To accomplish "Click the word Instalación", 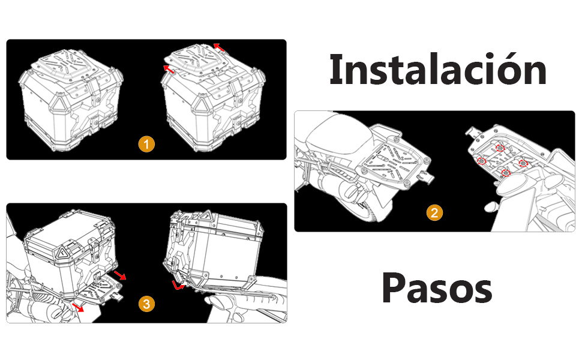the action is click(x=438, y=70).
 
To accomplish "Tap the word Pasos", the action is click(x=437, y=288).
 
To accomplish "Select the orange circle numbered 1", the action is click(x=146, y=144).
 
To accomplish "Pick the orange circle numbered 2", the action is click(x=434, y=213).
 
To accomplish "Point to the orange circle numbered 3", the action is click(x=146, y=304).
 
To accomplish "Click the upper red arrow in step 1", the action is click(x=218, y=47).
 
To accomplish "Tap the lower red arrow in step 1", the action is click(x=169, y=68).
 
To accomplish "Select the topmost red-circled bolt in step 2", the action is click(x=500, y=148).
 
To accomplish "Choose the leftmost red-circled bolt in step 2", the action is click(x=481, y=161).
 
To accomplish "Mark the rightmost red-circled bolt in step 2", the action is click(x=523, y=163).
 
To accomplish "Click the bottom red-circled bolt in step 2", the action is click(x=506, y=173).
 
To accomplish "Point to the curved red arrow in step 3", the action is click(x=177, y=286).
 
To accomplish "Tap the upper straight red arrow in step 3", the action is click(x=120, y=275).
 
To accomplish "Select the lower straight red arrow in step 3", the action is click(x=78, y=307).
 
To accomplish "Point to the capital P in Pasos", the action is click(x=393, y=288).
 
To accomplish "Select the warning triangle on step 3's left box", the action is click(x=62, y=253).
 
